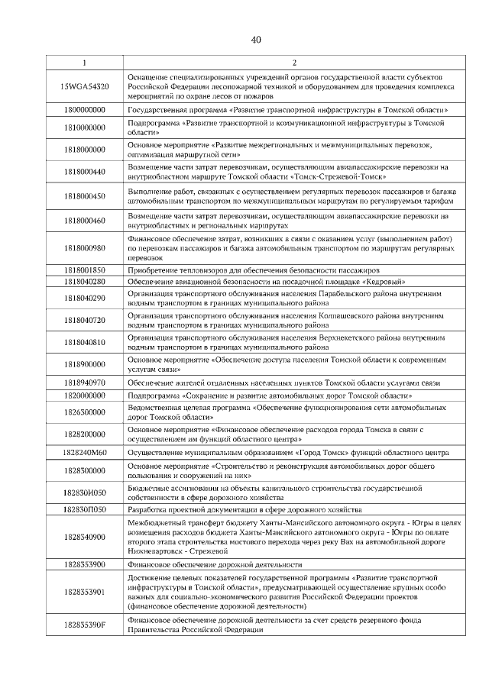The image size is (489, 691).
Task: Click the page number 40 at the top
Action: coord(256,40)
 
